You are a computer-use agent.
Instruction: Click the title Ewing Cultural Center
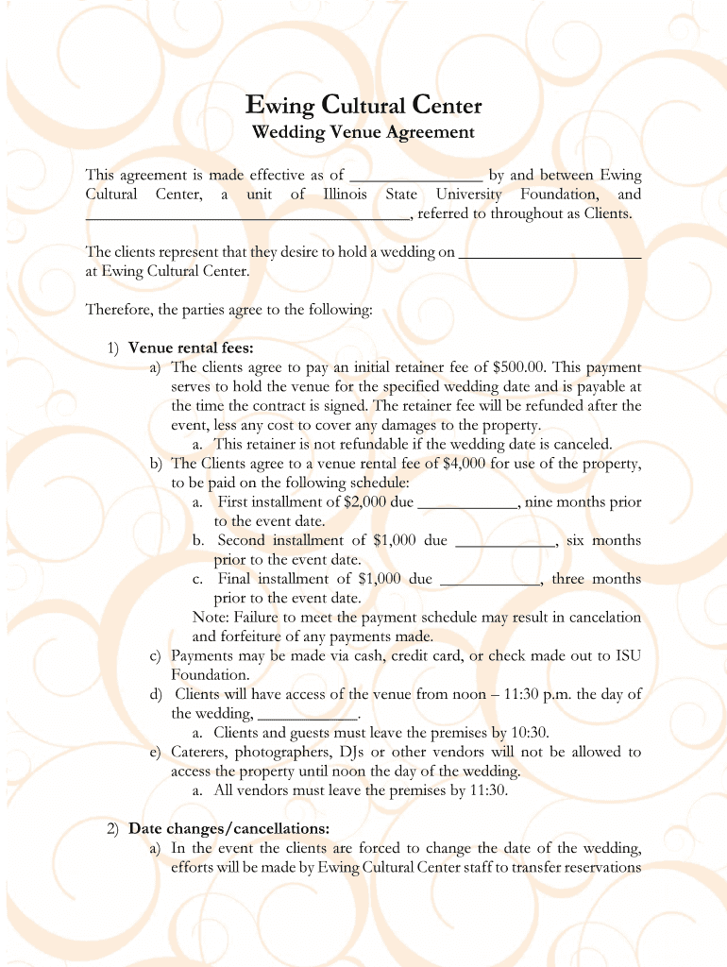[363, 104]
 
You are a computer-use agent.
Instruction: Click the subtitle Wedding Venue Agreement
[363, 132]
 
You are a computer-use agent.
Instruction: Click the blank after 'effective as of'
[416, 176]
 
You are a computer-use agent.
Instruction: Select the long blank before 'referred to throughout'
[247, 214]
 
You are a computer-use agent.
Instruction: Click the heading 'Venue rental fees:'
[191, 348]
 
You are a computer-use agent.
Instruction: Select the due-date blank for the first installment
[467, 502]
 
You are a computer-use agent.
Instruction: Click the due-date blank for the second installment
[505, 541]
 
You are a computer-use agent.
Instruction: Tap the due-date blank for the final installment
[490, 580]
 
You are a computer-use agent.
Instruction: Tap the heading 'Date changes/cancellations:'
[228, 829]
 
